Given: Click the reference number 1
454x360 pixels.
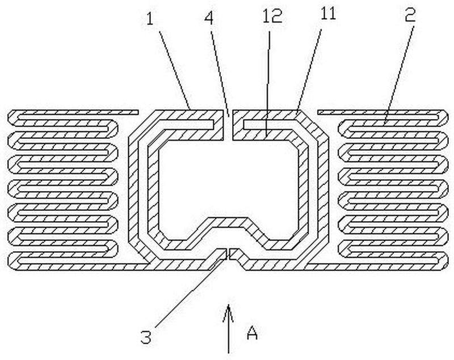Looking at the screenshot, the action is pyautogui.click(x=150, y=20).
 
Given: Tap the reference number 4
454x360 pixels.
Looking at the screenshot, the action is pyautogui.click(x=209, y=18).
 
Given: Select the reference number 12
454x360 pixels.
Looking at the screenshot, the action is pyautogui.click(x=272, y=16).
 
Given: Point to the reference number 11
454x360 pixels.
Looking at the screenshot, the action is pyautogui.click(x=328, y=13).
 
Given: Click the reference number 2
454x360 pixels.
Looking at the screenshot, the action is pyautogui.click(x=410, y=15).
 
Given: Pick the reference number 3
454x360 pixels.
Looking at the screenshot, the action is pyautogui.click(x=146, y=337).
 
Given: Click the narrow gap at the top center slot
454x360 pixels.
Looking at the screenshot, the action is pyautogui.click(x=228, y=125).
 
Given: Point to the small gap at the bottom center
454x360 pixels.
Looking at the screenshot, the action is pyautogui.click(x=229, y=254).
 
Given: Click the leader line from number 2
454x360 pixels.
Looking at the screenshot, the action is pyautogui.click(x=399, y=75).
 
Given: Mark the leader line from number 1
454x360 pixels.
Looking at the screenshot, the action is pyautogui.click(x=175, y=70).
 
